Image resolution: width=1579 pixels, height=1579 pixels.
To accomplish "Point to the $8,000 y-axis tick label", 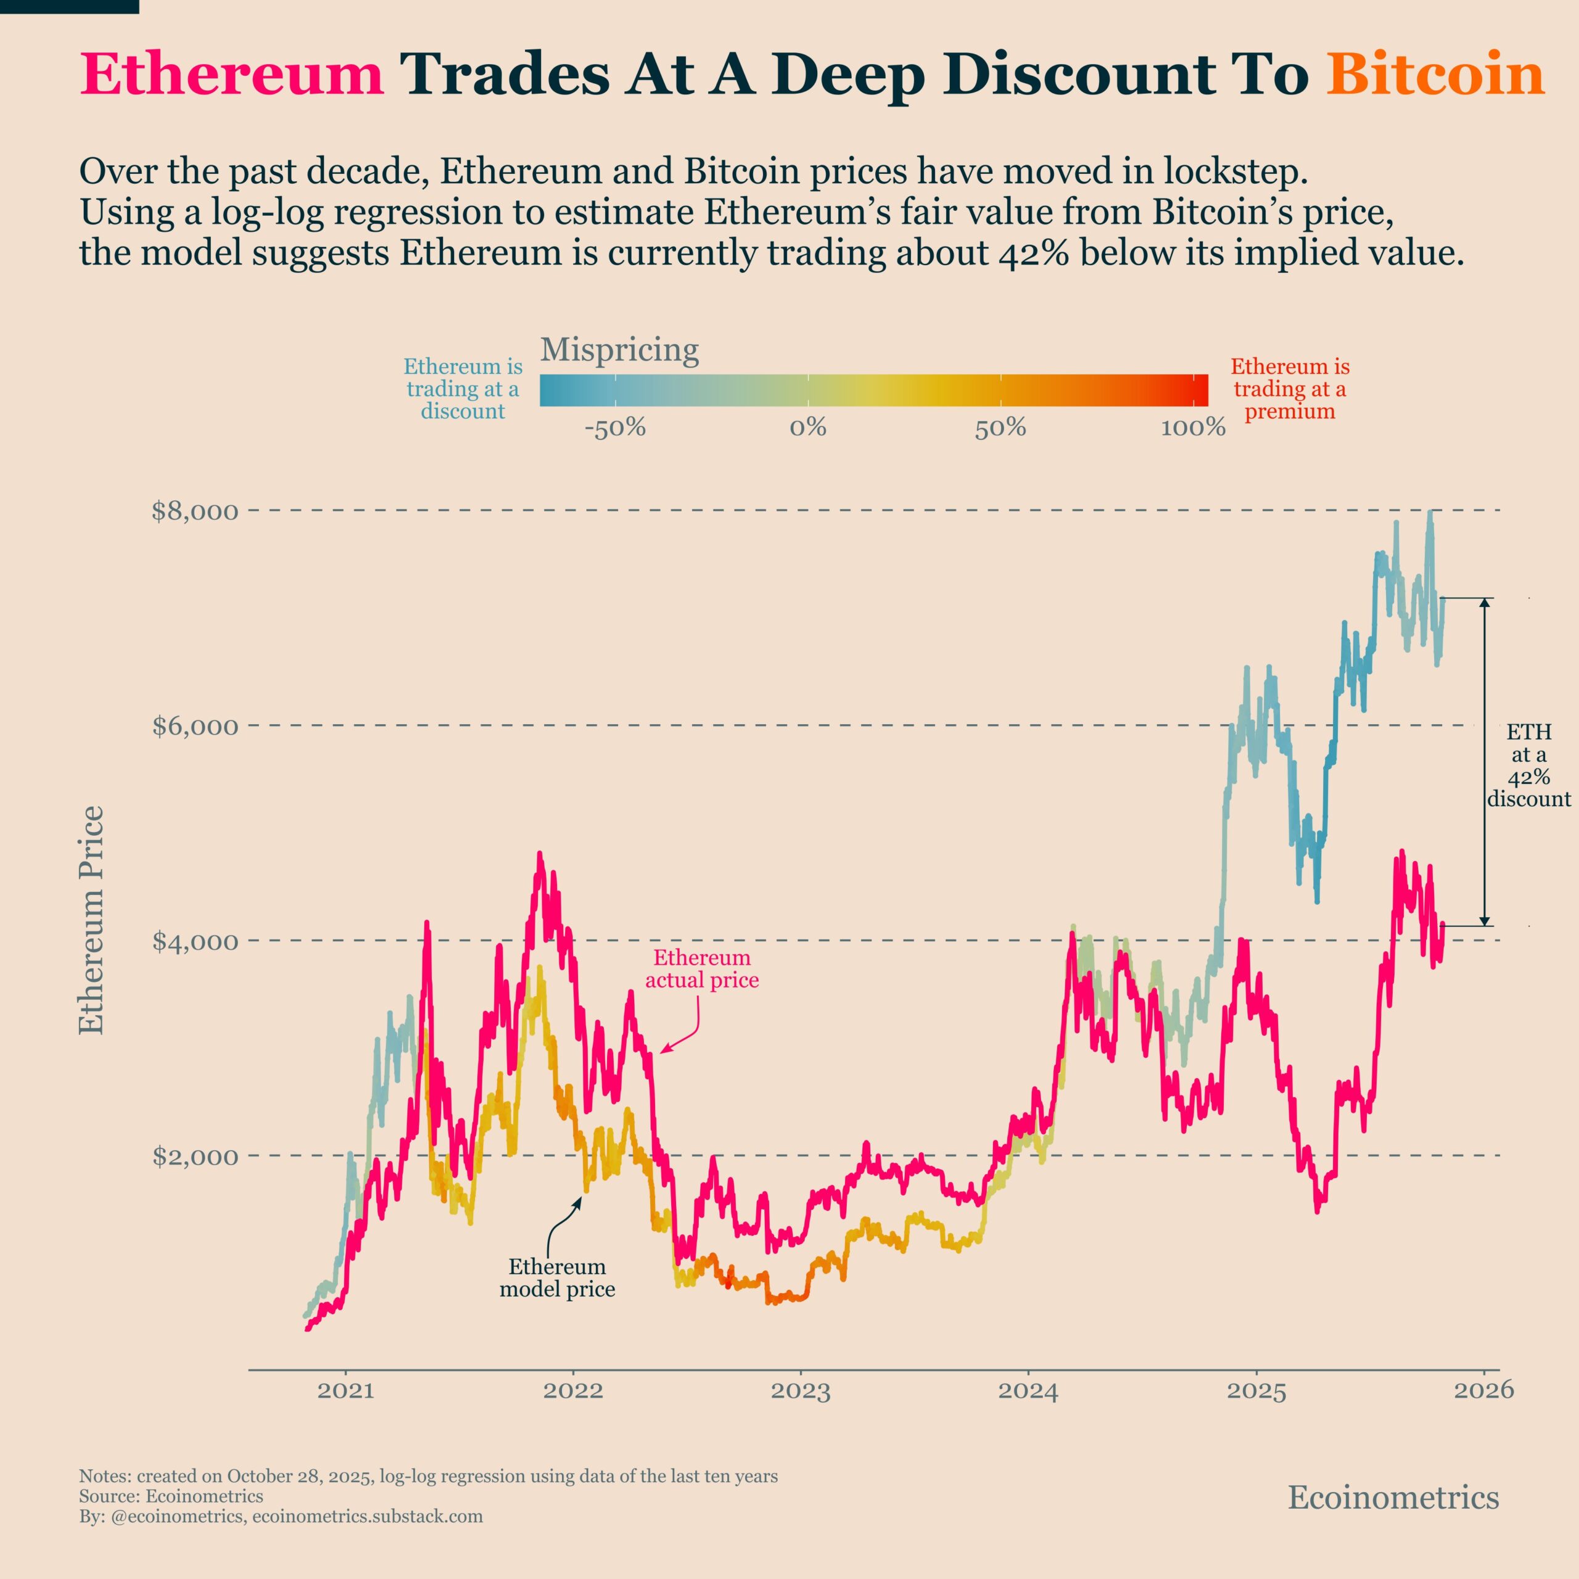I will click(x=196, y=511).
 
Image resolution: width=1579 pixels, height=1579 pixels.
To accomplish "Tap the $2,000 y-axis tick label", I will click(x=196, y=1156).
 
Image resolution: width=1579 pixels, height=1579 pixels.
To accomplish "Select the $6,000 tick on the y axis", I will click(x=196, y=726).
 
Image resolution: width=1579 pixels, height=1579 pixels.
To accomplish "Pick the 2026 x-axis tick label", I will click(x=1483, y=1390).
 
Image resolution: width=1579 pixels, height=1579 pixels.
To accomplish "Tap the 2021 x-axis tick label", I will click(x=345, y=1390).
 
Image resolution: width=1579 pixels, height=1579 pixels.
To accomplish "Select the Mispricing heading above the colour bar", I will click(x=619, y=350).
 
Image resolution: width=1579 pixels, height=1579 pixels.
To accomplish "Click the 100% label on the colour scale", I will click(x=1194, y=427).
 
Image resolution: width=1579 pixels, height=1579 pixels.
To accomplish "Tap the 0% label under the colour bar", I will click(x=807, y=427).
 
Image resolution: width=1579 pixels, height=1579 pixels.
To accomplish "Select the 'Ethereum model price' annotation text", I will click(x=558, y=1277).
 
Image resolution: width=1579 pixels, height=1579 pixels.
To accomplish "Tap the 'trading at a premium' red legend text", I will click(x=1290, y=389).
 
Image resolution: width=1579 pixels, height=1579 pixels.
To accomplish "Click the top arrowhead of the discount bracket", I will click(x=1485, y=604).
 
